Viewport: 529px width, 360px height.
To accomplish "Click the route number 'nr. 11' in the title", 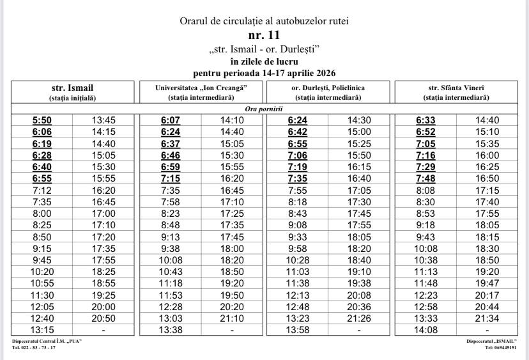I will point(264,35).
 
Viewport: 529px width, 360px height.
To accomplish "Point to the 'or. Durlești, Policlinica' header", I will point(328,88).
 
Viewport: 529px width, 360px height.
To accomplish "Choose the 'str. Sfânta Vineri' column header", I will point(456,88).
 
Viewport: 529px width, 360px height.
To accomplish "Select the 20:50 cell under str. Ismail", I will point(103,318).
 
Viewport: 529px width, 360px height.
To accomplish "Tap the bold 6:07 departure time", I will point(171,120).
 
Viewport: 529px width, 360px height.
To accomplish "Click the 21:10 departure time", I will point(231,318).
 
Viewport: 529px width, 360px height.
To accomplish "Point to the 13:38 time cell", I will point(171,330).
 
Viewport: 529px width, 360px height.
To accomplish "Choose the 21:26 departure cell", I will point(359,318).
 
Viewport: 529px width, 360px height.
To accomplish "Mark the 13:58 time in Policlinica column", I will point(298,330).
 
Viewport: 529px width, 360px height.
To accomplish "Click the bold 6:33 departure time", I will point(425,120).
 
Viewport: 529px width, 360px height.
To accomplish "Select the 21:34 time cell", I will point(487,318).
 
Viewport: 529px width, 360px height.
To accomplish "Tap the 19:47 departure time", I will point(487,283).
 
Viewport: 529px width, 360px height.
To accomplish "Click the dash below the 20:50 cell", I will point(103,330).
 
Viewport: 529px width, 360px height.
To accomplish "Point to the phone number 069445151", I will point(501,348).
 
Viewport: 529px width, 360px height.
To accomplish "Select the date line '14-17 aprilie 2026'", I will point(264,73).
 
